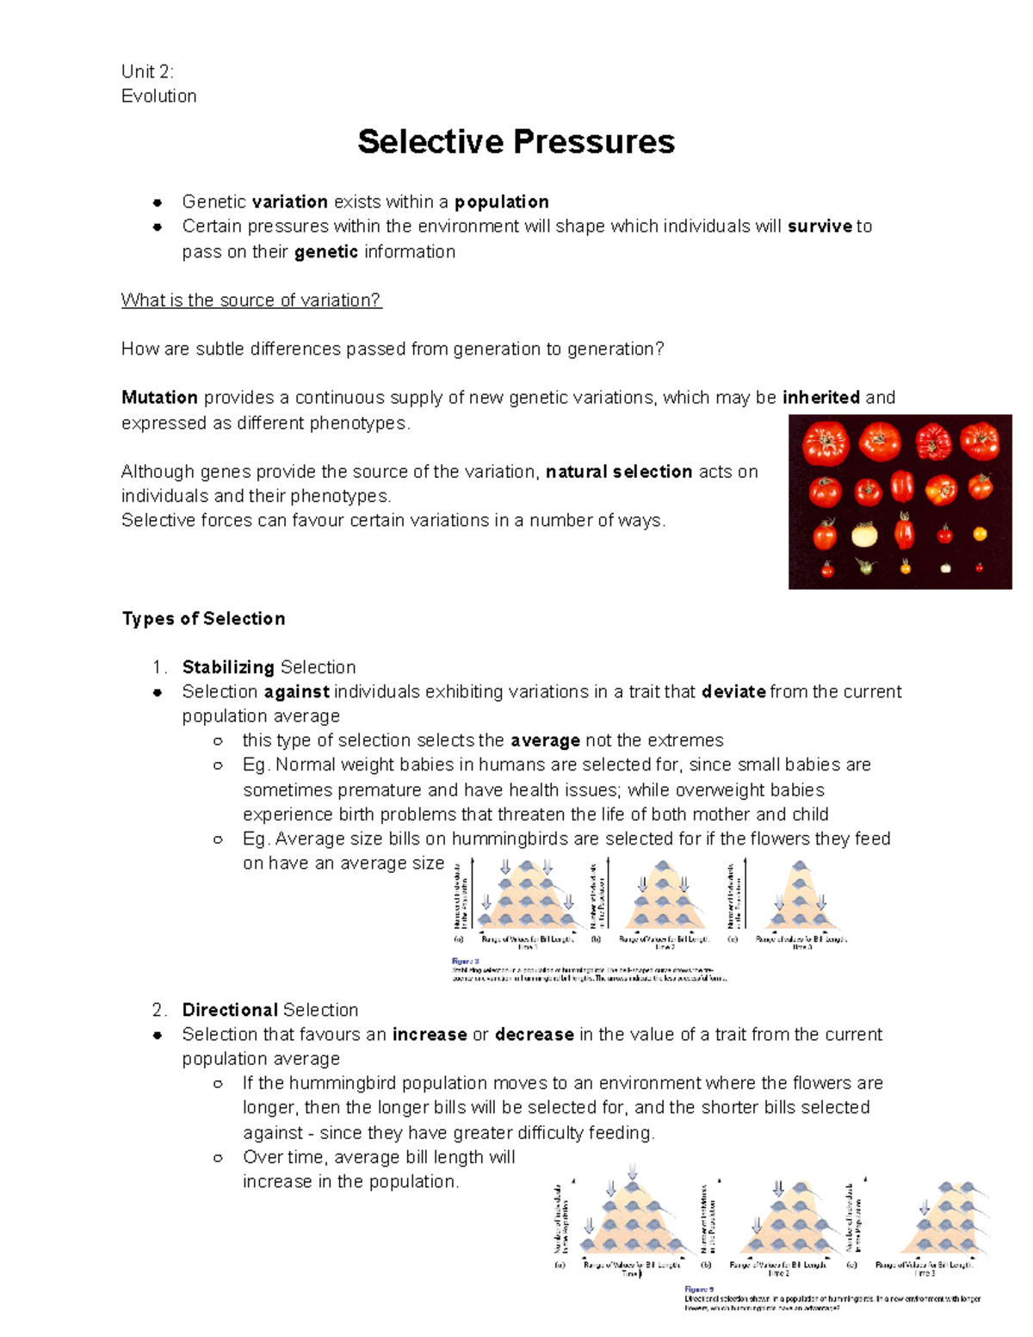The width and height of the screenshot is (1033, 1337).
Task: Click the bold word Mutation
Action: [159, 398]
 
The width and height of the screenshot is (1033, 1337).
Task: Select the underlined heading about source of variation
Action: [251, 300]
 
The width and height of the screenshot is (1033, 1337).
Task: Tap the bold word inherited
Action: [820, 398]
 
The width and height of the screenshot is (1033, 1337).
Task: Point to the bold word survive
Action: [820, 226]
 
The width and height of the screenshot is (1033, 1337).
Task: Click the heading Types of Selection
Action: [203, 619]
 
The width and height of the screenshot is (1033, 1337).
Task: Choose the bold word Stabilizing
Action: [228, 667]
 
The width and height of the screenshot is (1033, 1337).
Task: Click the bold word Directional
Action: [230, 1010]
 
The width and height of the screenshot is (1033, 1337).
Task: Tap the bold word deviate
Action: [733, 692]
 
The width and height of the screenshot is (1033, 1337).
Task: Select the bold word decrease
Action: [534, 1035]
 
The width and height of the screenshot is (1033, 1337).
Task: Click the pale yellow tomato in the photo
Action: [863, 535]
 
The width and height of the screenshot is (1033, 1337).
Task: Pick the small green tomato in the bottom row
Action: [864, 566]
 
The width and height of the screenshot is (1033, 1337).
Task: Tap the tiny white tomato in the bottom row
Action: [945, 567]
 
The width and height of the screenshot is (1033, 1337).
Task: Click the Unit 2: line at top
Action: [147, 71]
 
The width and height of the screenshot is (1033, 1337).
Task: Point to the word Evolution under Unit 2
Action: [159, 96]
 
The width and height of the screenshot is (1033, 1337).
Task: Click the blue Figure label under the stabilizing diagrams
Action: [465, 962]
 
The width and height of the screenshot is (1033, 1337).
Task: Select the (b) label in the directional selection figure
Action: [706, 1265]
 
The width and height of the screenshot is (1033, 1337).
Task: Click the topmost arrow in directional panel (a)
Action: [633, 1170]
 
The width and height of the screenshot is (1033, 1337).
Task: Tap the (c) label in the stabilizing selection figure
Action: [733, 939]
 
